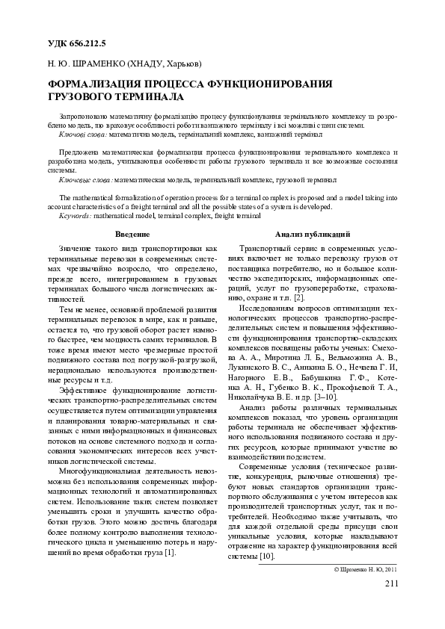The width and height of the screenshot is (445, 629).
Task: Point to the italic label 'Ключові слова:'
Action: point(82,135)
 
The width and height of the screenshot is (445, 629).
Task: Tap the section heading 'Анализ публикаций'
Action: point(307,235)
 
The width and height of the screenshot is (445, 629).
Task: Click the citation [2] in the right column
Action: point(299,297)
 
